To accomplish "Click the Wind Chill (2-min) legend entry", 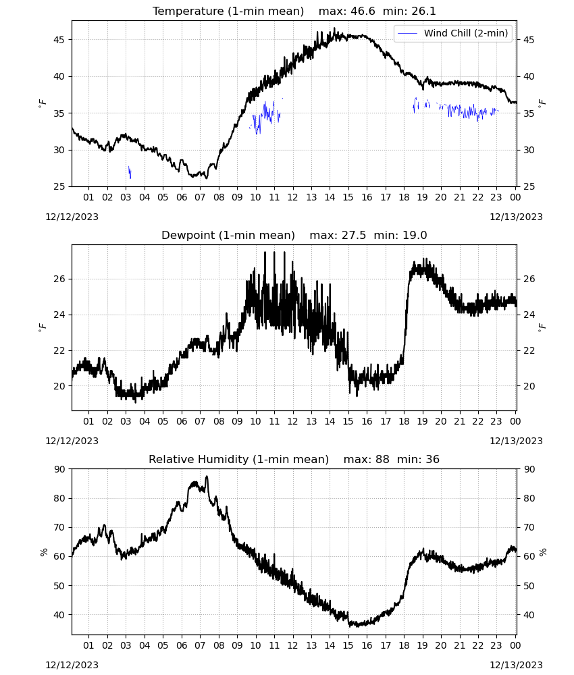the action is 453,33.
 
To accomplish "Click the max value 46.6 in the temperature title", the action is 363,11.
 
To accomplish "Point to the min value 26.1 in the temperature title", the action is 423,11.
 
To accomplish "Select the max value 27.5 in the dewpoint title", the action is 354,236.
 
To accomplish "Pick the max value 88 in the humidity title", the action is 382,459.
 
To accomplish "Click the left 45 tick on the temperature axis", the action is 59,40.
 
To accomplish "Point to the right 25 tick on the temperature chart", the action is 529,187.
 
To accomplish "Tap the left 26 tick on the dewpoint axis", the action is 59,279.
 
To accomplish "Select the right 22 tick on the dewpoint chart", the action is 529,350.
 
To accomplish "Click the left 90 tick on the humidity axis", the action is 59,469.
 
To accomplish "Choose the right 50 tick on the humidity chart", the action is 529,586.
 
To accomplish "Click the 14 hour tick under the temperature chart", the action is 330,197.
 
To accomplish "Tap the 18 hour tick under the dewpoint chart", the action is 404,421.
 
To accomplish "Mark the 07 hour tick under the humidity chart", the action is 200,645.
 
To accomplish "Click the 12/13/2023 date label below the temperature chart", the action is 516,217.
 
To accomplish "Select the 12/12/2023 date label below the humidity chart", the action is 72,665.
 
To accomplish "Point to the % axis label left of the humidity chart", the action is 43,552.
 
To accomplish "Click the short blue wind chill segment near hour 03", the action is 130,172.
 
